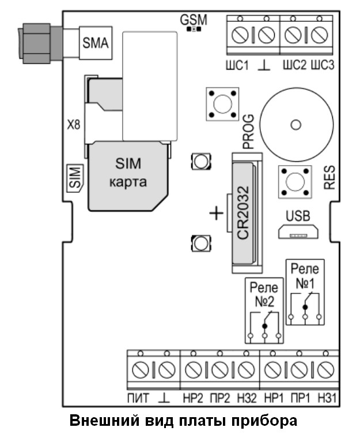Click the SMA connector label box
tap(96, 43)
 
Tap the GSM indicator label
tap(194, 20)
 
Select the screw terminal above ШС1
tap(240, 35)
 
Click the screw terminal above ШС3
tap(320, 35)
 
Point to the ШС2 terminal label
tap(294, 65)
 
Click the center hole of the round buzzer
tap(296, 125)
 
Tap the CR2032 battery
tap(244, 213)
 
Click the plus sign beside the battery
tap(217, 213)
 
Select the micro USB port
tap(298, 232)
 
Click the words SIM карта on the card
tap(128, 173)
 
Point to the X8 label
tap(74, 125)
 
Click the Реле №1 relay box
tap(305, 292)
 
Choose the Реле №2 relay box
tap(264, 311)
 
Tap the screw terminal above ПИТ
tap(141, 370)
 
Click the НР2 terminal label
tap(193, 399)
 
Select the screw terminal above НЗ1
tap(325, 370)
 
